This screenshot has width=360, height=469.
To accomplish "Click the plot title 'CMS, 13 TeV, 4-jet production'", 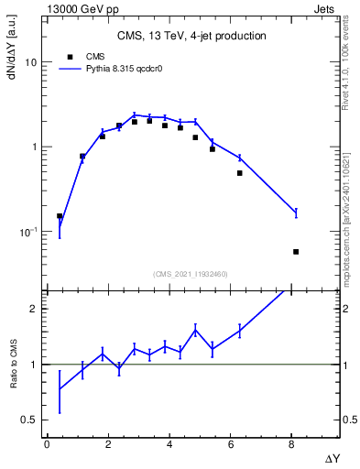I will (191, 36).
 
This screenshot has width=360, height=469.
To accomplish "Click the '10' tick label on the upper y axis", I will (29, 62).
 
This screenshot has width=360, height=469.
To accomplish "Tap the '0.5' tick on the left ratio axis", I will (28, 420).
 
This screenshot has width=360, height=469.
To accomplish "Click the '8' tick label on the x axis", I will (292, 444).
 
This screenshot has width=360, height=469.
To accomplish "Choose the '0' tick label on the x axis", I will (47, 444).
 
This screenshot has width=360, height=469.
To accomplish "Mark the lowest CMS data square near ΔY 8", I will (296, 251).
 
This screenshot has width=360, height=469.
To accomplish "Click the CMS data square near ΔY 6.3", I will (239, 173).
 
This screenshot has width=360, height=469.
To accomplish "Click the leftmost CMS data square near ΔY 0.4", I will (60, 216).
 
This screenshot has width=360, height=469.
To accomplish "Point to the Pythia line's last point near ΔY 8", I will (296, 213).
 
